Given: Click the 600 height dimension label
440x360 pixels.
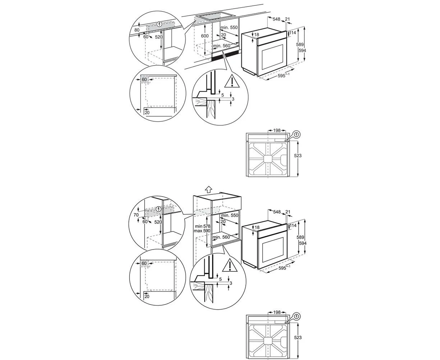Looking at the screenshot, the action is [205, 36].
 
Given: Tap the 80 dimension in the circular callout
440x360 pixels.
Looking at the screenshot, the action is [137, 30].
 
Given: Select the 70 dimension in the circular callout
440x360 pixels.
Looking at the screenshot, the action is [136, 215].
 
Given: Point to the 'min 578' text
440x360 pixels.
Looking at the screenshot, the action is [202, 226].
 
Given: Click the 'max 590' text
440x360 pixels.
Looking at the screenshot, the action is [202, 231].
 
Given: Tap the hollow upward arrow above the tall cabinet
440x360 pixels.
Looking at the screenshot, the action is [208, 189].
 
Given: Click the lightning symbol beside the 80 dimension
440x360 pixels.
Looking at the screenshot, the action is [160, 24].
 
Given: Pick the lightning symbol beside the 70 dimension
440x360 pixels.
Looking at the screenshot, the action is [159, 209].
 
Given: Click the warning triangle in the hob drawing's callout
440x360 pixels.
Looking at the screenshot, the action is [232, 82].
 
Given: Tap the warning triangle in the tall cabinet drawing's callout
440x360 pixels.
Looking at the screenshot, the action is [230, 265].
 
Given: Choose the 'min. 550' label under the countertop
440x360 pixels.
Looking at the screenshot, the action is [229, 27].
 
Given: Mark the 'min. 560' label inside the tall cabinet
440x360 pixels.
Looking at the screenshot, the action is [221, 237].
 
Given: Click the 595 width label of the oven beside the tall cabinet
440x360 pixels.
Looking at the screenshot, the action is [284, 268].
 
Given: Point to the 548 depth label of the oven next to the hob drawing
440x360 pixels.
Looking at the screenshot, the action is [276, 19].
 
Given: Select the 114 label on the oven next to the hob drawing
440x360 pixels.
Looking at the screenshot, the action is [292, 33].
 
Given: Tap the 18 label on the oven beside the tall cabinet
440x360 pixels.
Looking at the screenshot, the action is [257, 228].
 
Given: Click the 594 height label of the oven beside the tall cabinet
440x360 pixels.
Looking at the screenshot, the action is [303, 243].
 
